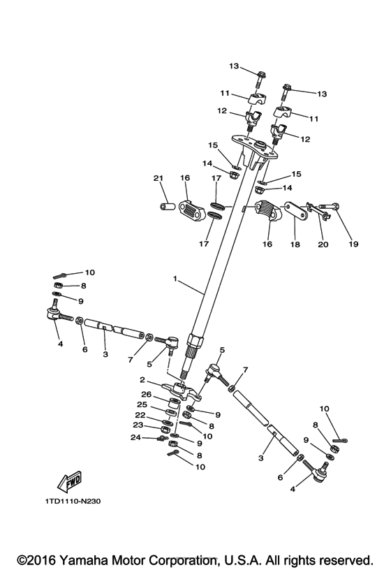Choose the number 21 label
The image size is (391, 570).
pyautogui.click(x=158, y=178)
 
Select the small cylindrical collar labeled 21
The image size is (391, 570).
pyautogui.click(x=165, y=207)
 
